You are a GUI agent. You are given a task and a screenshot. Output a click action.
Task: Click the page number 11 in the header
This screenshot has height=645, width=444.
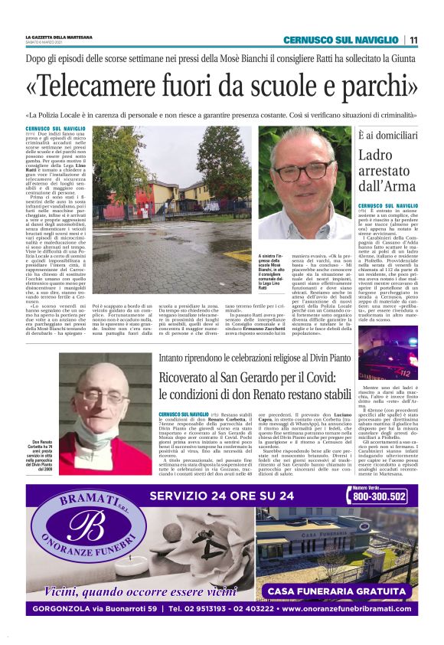[x=413, y=40]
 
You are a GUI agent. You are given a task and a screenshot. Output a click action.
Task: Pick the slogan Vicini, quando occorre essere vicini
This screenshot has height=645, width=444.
[x=140, y=591]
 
